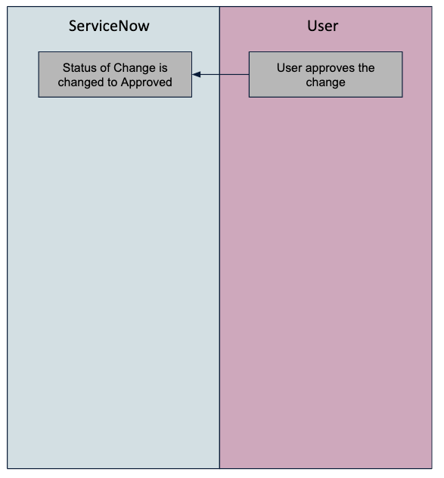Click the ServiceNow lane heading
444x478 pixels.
tap(109, 26)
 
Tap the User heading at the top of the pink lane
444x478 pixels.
tap(323, 26)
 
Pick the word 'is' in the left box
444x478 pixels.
tap(163, 67)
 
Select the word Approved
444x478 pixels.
tap(147, 82)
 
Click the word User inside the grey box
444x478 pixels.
tap(290, 67)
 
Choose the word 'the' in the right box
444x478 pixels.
tap(367, 67)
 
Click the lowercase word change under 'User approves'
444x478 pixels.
tap(326, 82)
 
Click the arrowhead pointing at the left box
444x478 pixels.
tap(196, 74)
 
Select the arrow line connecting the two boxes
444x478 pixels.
tap(220, 74)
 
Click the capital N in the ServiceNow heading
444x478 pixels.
tap(123, 26)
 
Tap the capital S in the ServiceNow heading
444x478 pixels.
tap(73, 26)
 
